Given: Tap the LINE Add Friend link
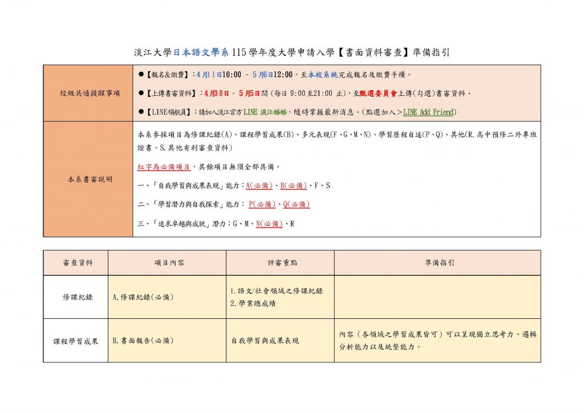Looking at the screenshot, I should click(x=429, y=112).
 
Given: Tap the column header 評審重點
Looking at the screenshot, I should click(x=281, y=263).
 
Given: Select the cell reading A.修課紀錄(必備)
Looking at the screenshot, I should click(x=143, y=297).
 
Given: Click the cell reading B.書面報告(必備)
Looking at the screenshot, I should click(x=143, y=341).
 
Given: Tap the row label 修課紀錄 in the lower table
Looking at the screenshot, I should click(x=76, y=297).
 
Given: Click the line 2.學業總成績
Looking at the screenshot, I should click(x=253, y=303).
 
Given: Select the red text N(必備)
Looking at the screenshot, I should click(x=269, y=224).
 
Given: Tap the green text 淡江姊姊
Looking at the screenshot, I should click(x=272, y=112).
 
